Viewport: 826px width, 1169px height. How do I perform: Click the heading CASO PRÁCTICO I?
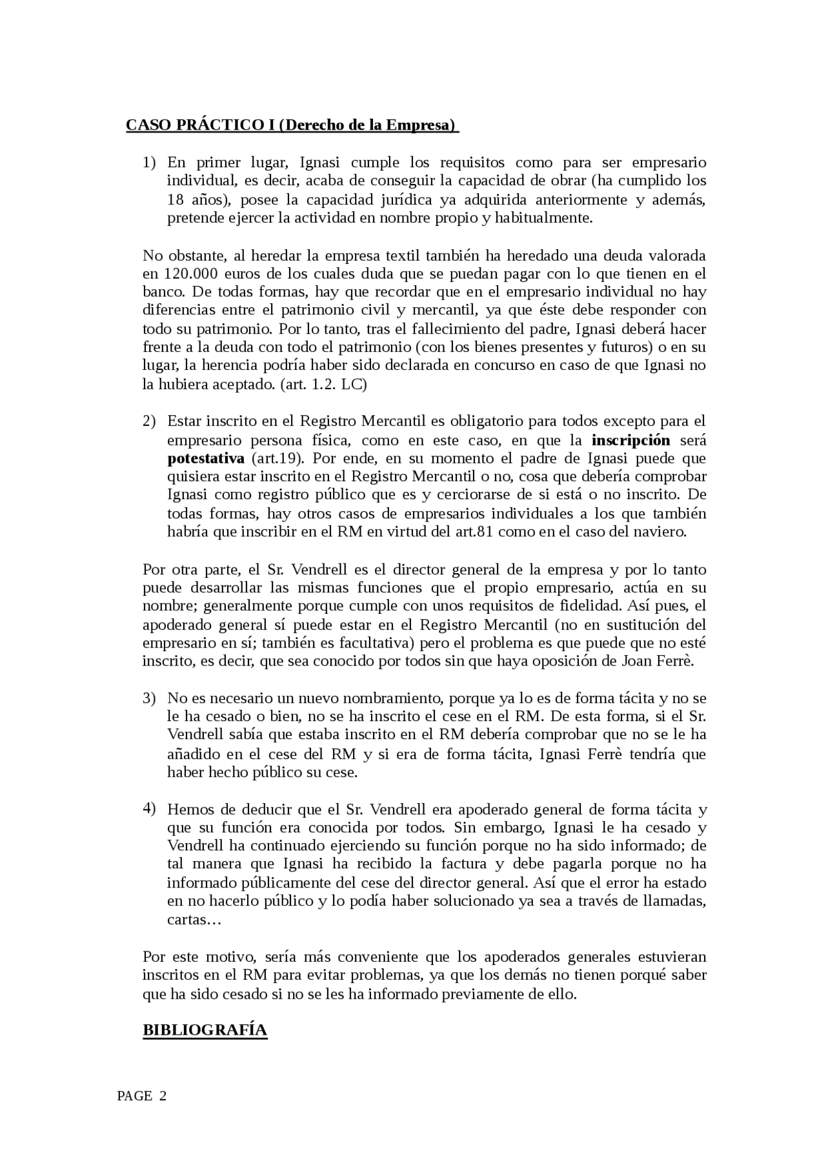coord(292,125)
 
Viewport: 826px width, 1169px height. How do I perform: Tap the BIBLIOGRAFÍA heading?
coord(205,1030)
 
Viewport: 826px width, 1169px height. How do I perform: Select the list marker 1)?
coord(149,163)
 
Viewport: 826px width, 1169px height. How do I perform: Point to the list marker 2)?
coord(149,422)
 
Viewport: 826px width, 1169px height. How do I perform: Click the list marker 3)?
coord(149,698)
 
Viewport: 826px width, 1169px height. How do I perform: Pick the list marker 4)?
coord(149,809)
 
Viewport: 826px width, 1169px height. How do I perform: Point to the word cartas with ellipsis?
coord(194,920)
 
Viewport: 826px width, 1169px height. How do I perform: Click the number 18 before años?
coord(175,199)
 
